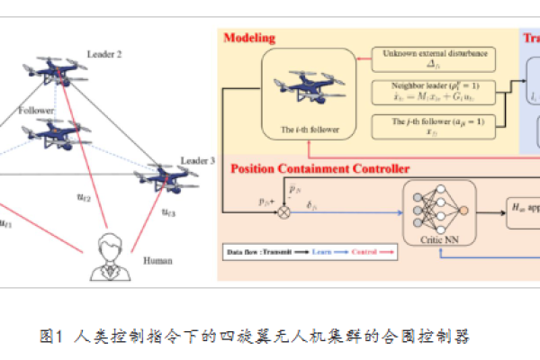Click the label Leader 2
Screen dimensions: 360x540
105,55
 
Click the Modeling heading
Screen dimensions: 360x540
248,39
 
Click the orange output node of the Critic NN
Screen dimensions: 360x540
463,211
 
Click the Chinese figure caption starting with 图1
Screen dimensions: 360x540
256,337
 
